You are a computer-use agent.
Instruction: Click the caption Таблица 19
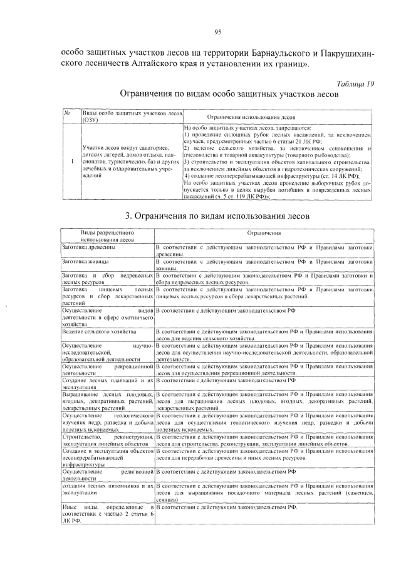point(355,84)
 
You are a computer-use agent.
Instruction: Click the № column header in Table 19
point(65,113)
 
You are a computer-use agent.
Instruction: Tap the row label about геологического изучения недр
point(107,423)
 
